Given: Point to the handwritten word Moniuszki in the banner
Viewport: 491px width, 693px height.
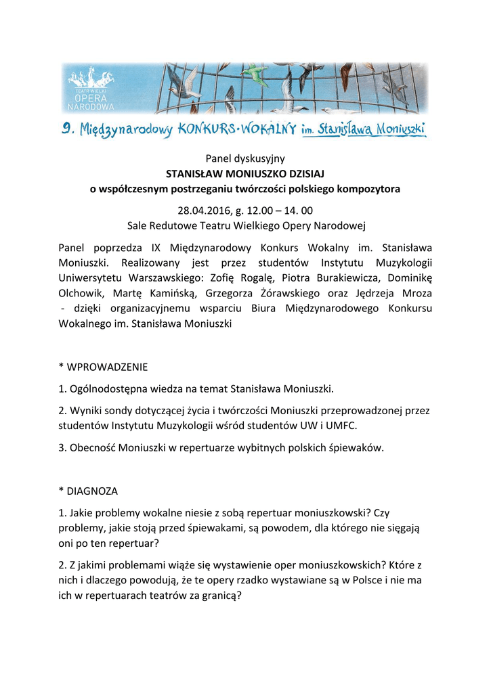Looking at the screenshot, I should (x=396, y=127).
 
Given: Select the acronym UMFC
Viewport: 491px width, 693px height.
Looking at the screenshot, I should (x=341, y=426).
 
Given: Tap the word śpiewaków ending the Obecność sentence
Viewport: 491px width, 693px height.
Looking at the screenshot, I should (x=358, y=448).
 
